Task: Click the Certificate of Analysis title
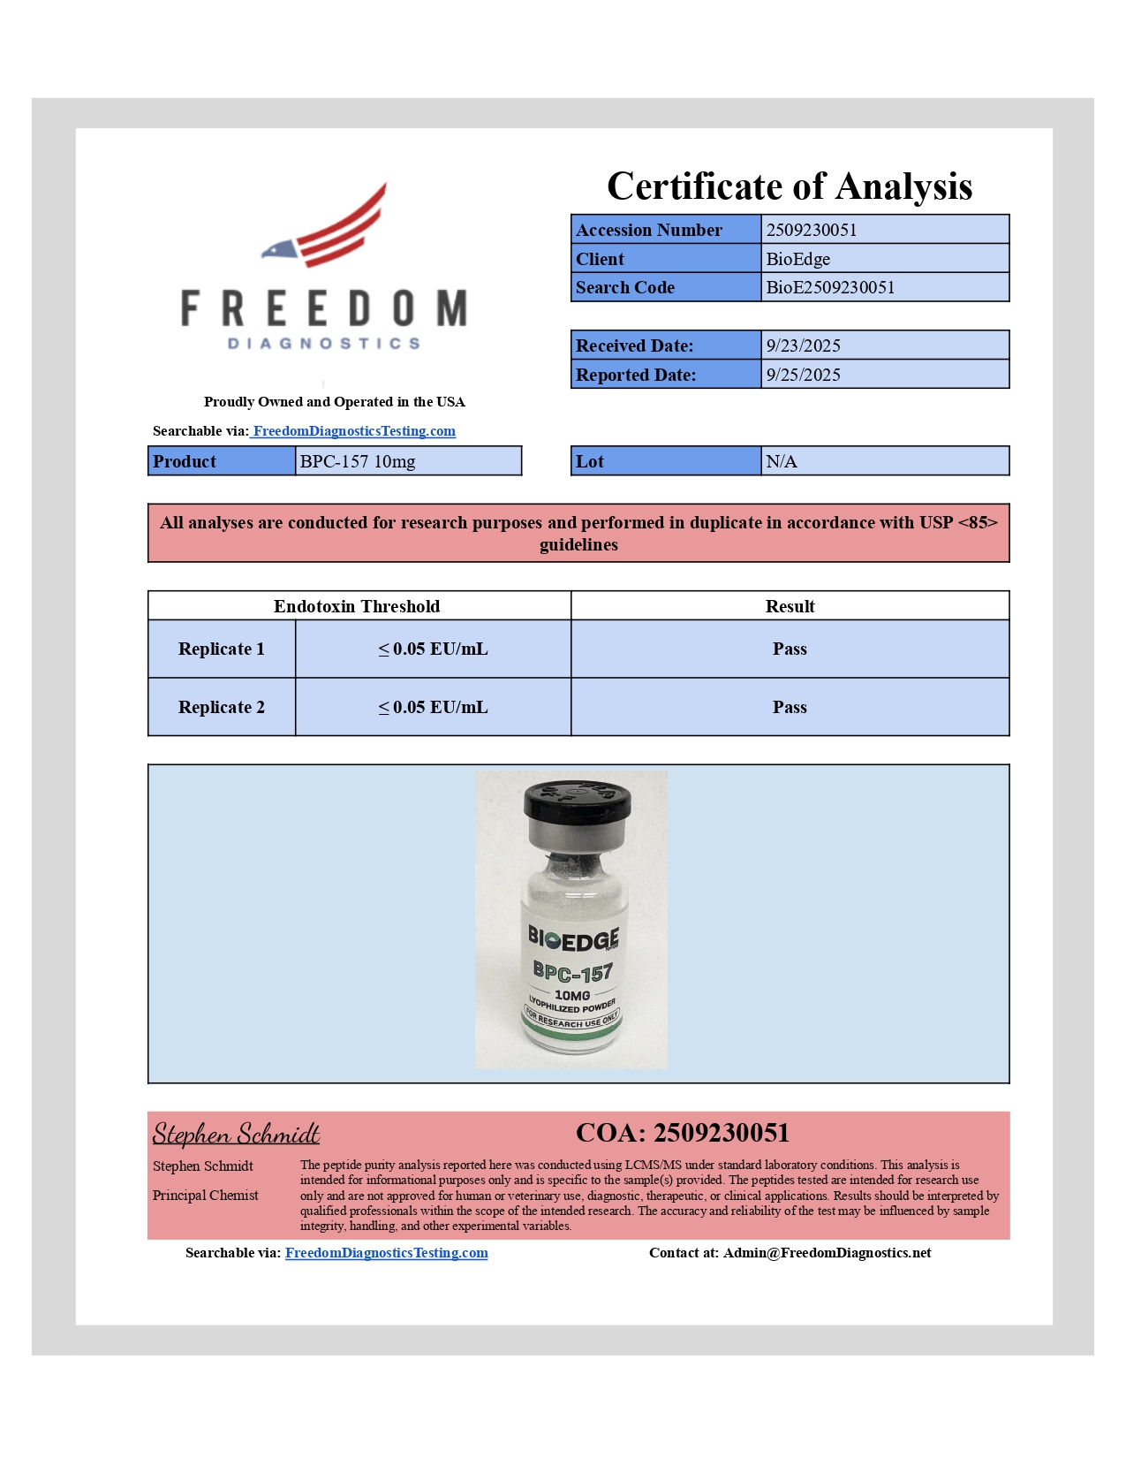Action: pos(789,186)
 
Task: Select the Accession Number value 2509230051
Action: pos(811,230)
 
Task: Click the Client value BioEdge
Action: pos(797,259)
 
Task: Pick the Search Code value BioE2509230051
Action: pos(829,287)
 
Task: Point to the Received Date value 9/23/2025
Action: pos(803,346)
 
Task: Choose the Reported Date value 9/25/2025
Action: pos(803,375)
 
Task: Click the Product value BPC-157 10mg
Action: pos(358,461)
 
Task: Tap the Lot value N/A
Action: pos(782,461)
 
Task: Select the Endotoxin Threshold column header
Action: pos(357,606)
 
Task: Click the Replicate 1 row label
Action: pos(221,649)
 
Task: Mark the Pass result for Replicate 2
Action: pos(790,707)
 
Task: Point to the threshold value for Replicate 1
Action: pos(433,649)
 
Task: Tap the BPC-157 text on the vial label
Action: pos(572,973)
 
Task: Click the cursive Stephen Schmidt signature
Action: pos(236,1134)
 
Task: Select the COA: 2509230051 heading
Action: pos(682,1133)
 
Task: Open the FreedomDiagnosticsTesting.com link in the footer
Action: pos(386,1253)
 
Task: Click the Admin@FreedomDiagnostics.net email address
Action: pos(827,1253)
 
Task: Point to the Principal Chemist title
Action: pos(206,1196)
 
